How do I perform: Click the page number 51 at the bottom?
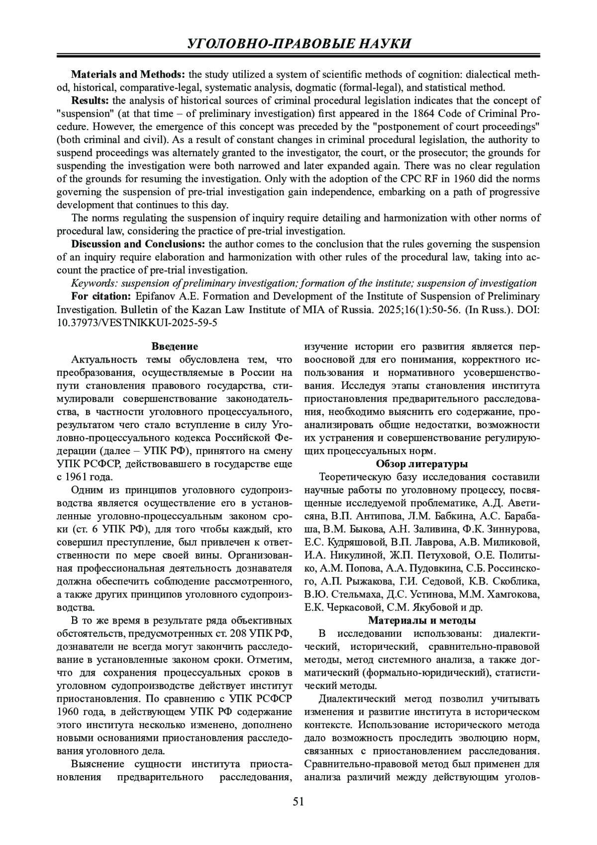pyautogui.click(x=298, y=801)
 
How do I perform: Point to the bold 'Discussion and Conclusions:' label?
pyautogui.click(x=138, y=244)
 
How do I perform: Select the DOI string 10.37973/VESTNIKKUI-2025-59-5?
pyautogui.click(x=137, y=322)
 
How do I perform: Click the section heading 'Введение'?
pyautogui.click(x=174, y=347)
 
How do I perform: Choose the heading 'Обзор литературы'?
pyautogui.click(x=421, y=464)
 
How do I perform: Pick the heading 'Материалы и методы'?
pyautogui.click(x=421, y=620)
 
